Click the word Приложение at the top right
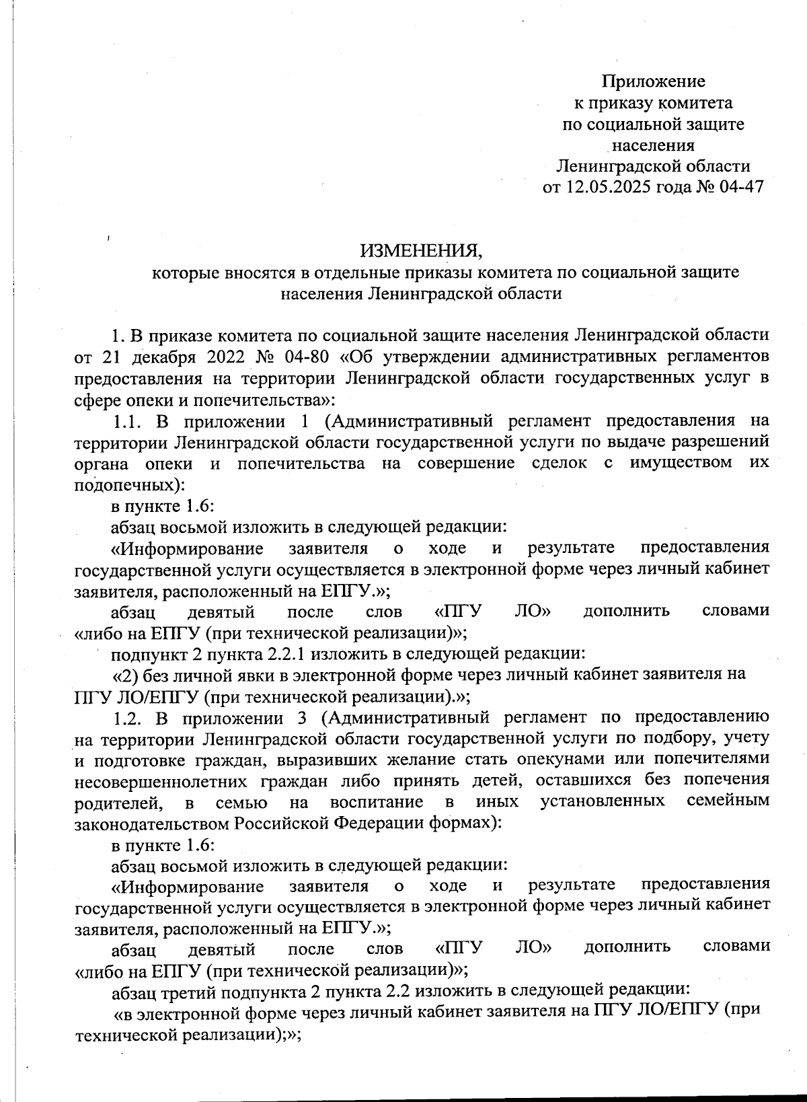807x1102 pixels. click(x=653, y=82)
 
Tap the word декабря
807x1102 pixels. click(x=154, y=357)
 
